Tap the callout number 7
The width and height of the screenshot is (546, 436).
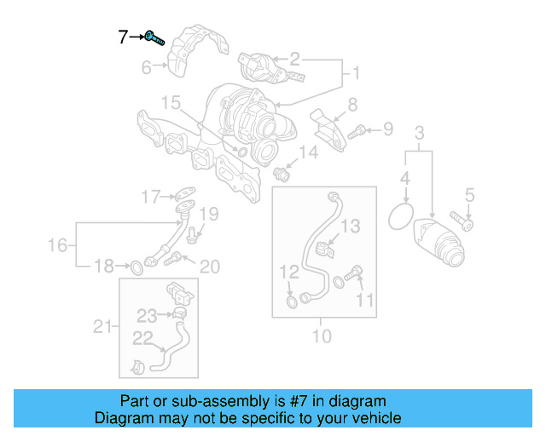coord(123,37)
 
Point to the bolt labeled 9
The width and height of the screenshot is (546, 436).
coord(358,130)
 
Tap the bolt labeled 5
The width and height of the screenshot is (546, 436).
coord(462,223)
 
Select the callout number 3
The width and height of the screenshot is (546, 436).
coord(419,132)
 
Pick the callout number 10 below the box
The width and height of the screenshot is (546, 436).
coord(321,336)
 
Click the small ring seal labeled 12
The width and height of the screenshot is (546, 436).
coord(293,300)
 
